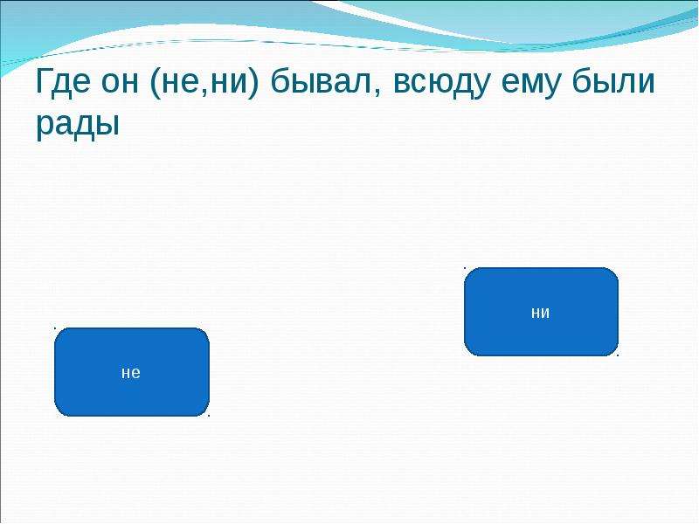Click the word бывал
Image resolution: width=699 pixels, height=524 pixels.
click(x=321, y=81)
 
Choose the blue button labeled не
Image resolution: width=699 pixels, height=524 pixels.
click(x=132, y=372)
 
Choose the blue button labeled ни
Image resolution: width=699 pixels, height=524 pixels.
click(x=541, y=312)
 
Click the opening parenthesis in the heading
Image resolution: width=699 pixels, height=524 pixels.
click(x=155, y=83)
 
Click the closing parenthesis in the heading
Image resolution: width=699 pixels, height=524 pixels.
click(x=253, y=83)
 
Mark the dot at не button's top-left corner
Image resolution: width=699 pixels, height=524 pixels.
click(x=55, y=328)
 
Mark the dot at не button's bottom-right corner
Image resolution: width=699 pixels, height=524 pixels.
click(x=209, y=417)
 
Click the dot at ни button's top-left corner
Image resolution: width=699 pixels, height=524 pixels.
click(x=465, y=268)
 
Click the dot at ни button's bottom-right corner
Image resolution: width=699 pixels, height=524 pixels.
click(x=618, y=355)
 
